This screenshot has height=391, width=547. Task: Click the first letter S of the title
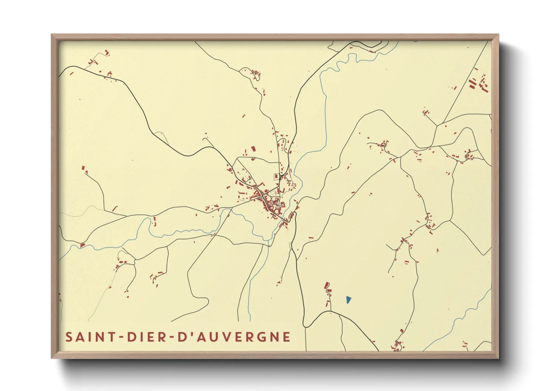(x=69, y=337)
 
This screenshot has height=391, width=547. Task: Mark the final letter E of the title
(x=286, y=337)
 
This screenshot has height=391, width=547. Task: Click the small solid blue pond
(x=348, y=300)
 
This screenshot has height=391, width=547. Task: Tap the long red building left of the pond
(x=326, y=285)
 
